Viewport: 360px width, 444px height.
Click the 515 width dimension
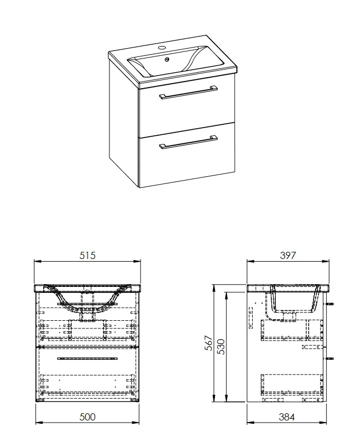(x=88, y=256)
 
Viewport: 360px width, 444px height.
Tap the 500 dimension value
(x=88, y=417)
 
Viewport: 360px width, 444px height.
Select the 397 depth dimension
(x=288, y=256)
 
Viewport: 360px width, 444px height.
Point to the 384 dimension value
(x=287, y=417)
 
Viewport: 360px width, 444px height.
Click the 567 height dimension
(x=208, y=343)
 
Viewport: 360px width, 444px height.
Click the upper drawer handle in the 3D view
(x=189, y=92)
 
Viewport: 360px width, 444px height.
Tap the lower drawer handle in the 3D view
(x=189, y=142)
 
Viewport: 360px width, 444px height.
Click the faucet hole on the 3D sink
(x=161, y=47)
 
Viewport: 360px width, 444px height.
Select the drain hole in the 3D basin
(x=167, y=60)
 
